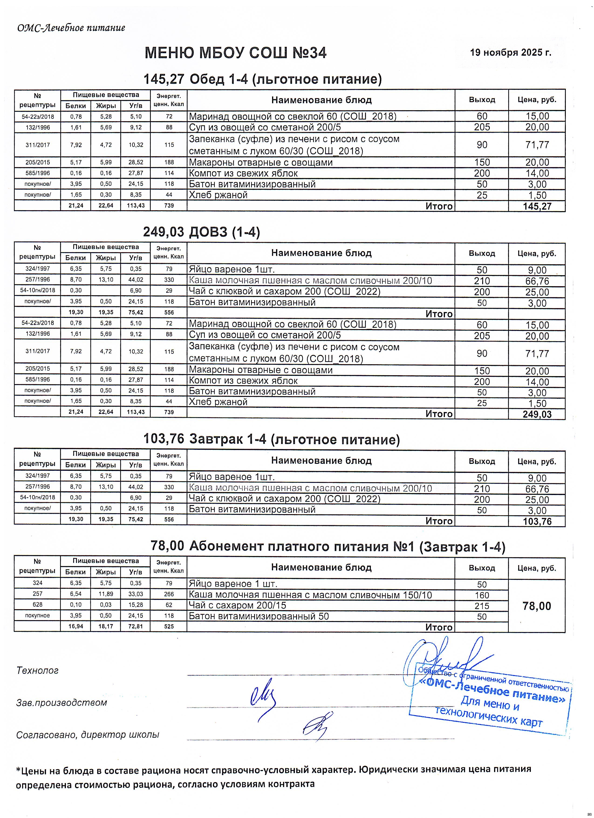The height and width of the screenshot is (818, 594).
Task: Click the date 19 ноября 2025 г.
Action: pos(510,53)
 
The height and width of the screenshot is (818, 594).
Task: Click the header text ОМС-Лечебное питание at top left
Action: pos(71,28)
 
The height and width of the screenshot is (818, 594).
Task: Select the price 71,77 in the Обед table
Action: pos(537,145)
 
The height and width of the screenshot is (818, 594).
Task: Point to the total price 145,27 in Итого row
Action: pos(537,206)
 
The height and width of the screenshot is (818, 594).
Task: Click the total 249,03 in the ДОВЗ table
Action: pos(537,414)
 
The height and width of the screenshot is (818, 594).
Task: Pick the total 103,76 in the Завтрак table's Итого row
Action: pos(537,521)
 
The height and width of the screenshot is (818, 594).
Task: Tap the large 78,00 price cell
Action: pos(537,606)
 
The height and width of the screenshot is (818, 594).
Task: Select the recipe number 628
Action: pos(38,605)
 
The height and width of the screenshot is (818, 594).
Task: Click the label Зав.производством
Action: pos(62,702)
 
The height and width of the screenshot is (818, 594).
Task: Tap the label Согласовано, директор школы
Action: pos(88,735)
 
